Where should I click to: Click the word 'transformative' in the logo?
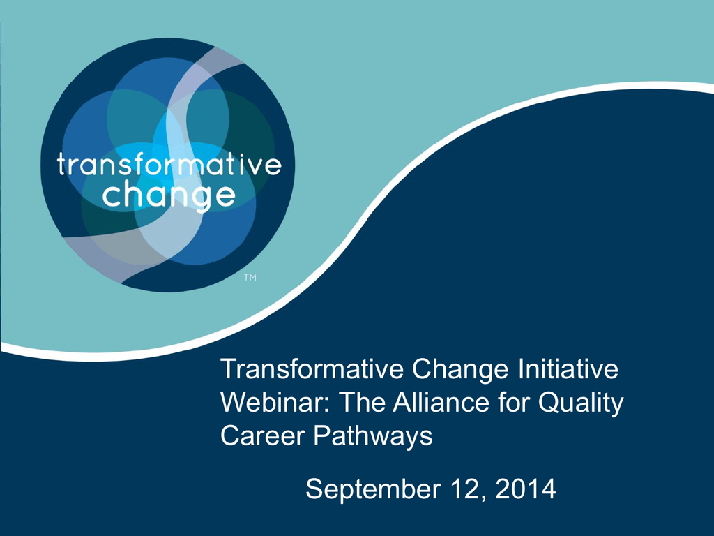coord(169,165)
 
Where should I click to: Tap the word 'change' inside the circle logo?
coord(169,196)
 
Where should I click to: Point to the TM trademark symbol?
coord(250,277)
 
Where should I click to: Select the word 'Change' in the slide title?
coord(460,370)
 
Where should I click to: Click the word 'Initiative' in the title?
coord(568,368)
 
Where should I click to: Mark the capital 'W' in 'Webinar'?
coord(235,403)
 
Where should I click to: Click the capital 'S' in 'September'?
coord(314,489)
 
